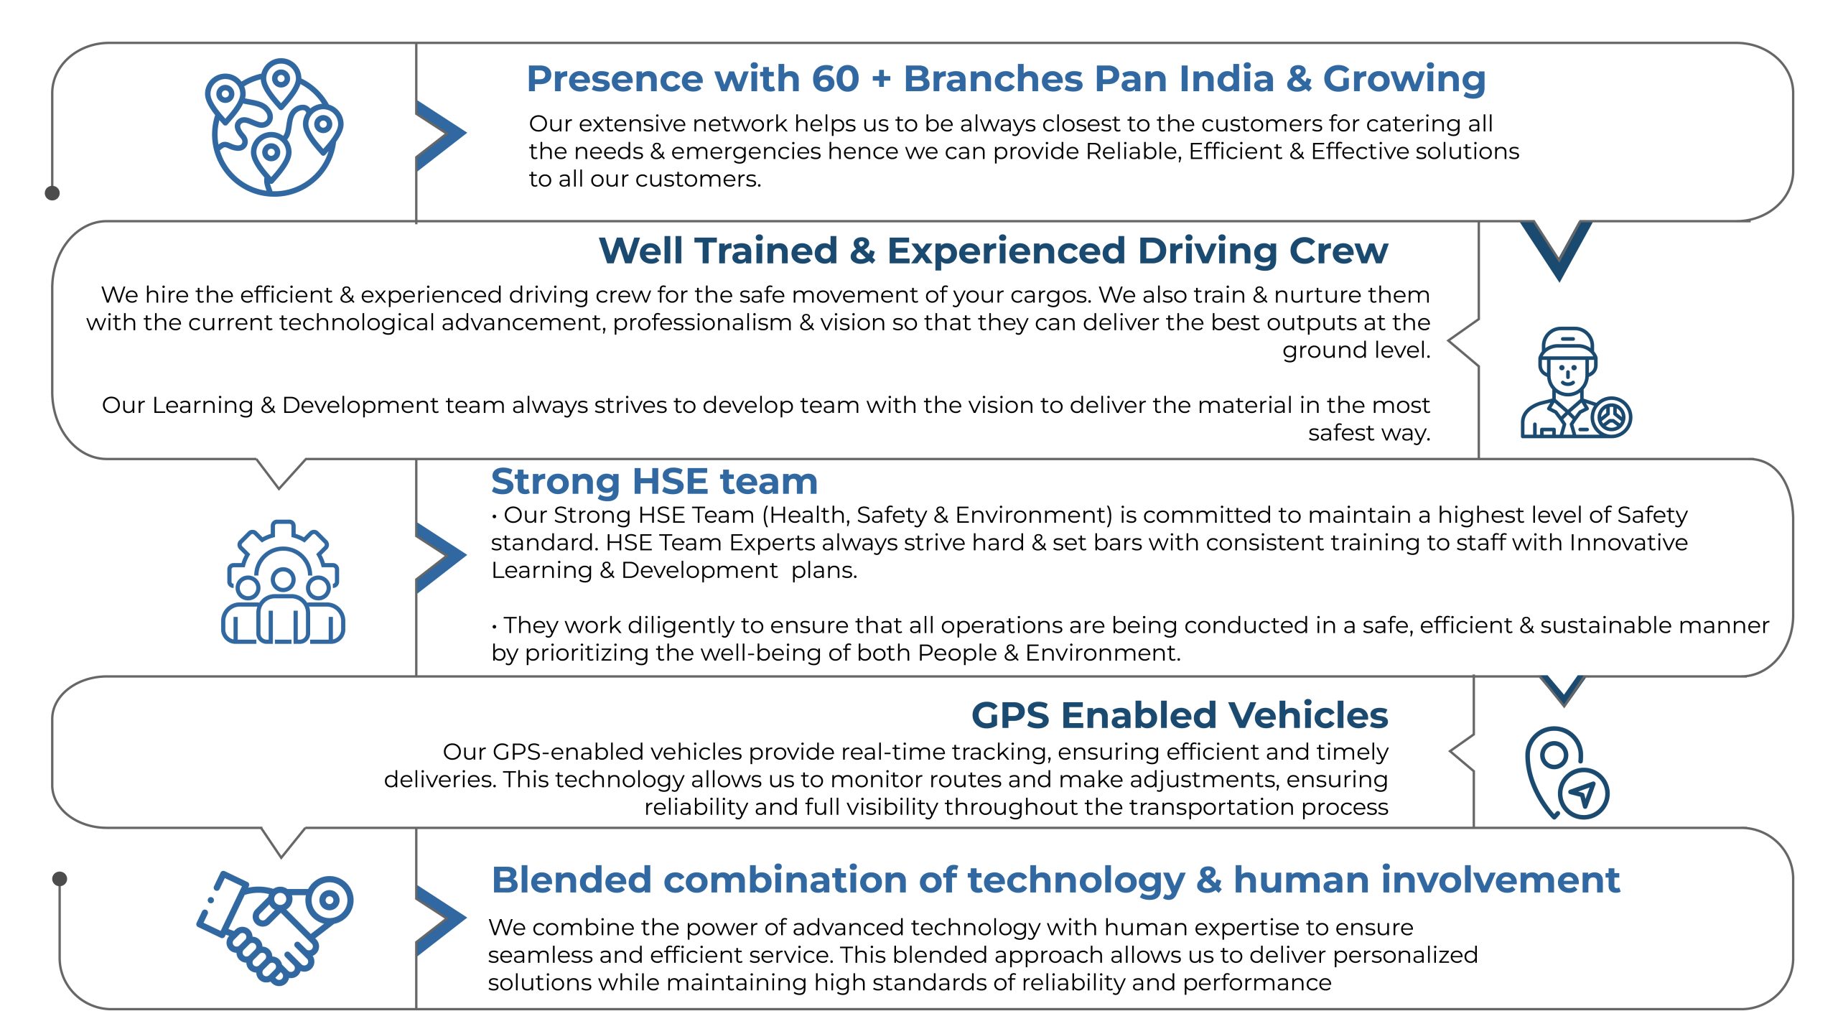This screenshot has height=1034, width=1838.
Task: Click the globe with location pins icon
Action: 274,127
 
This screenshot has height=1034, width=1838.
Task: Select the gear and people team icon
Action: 283,582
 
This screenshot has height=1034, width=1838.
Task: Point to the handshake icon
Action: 275,927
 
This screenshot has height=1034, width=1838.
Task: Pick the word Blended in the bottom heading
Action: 572,880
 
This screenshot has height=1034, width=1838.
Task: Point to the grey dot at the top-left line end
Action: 52,192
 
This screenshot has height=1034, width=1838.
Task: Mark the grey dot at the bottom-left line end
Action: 60,879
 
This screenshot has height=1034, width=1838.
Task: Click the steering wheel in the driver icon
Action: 1611,416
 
